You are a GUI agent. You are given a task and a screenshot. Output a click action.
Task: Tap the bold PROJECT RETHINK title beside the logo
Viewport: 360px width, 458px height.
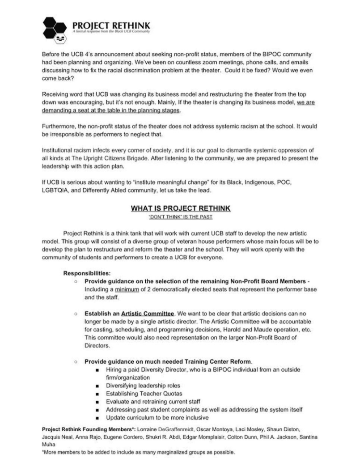click(x=111, y=25)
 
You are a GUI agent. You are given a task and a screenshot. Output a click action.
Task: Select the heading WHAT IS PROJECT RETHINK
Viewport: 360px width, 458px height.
click(x=180, y=208)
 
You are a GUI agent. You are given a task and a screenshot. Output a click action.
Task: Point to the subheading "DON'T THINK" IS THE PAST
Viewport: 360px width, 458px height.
click(x=180, y=217)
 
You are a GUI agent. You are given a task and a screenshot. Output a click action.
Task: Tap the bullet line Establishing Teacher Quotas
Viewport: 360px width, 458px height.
click(x=140, y=393)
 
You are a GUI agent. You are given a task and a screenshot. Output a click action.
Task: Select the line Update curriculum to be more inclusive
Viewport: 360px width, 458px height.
click(x=157, y=417)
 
